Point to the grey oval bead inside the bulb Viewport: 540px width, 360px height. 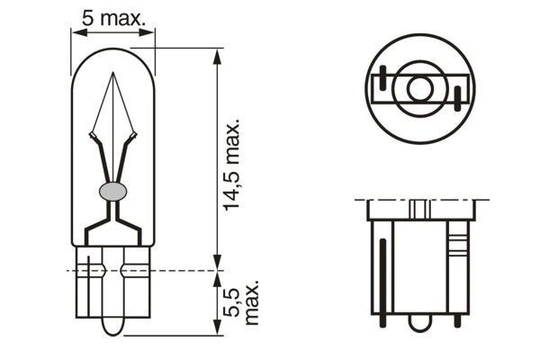point(112,191)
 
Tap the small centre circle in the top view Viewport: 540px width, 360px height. point(418,89)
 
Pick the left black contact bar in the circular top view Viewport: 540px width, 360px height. point(384,82)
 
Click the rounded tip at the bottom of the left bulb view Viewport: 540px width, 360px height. point(112,326)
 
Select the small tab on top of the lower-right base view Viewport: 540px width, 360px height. point(418,209)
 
